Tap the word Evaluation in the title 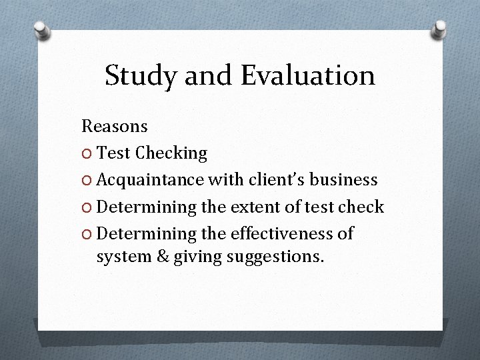307,76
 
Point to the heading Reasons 115,125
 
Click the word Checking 171,153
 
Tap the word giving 194,255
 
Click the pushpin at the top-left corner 42,29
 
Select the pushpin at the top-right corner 439,28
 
